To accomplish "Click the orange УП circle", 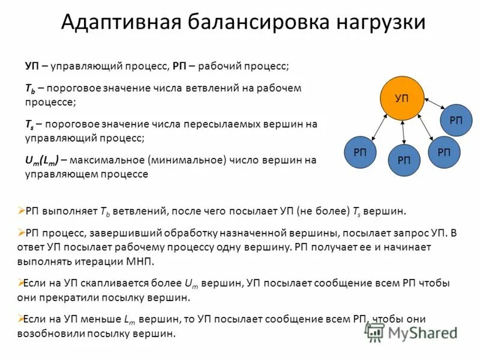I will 402,98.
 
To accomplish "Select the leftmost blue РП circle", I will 360,152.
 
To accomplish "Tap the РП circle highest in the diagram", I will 456,120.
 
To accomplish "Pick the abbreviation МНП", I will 142,262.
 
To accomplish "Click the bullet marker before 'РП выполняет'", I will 21,211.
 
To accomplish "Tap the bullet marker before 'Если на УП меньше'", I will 21,319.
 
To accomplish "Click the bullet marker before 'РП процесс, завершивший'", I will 21,232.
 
